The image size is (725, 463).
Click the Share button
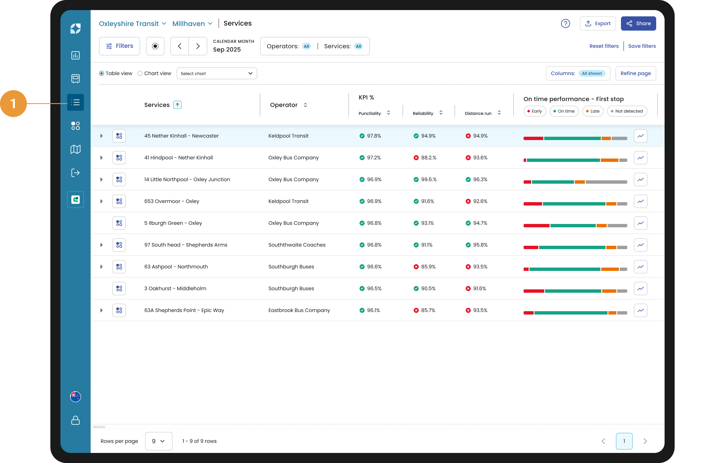[638, 23]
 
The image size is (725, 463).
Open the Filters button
[119, 46]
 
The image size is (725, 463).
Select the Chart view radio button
[140, 74]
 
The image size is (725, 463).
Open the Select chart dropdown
[217, 74]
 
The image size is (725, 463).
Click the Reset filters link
[604, 46]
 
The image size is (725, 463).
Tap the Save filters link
[642, 46]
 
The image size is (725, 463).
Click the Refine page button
[635, 74]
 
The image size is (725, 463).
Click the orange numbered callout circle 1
[13, 103]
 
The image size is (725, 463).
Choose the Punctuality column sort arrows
[389, 113]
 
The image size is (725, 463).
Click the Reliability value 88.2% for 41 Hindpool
[429, 158]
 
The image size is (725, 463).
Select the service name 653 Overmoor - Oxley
[172, 201]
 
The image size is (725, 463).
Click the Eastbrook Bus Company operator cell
[299, 310]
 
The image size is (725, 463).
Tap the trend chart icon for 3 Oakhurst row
[641, 289]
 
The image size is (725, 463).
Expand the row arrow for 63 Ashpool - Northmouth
[102, 267]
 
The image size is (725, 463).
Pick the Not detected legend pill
[627, 111]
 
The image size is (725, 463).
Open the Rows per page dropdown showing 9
[159, 441]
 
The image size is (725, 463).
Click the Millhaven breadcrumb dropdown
[192, 23]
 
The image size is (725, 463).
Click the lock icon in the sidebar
[76, 420]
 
